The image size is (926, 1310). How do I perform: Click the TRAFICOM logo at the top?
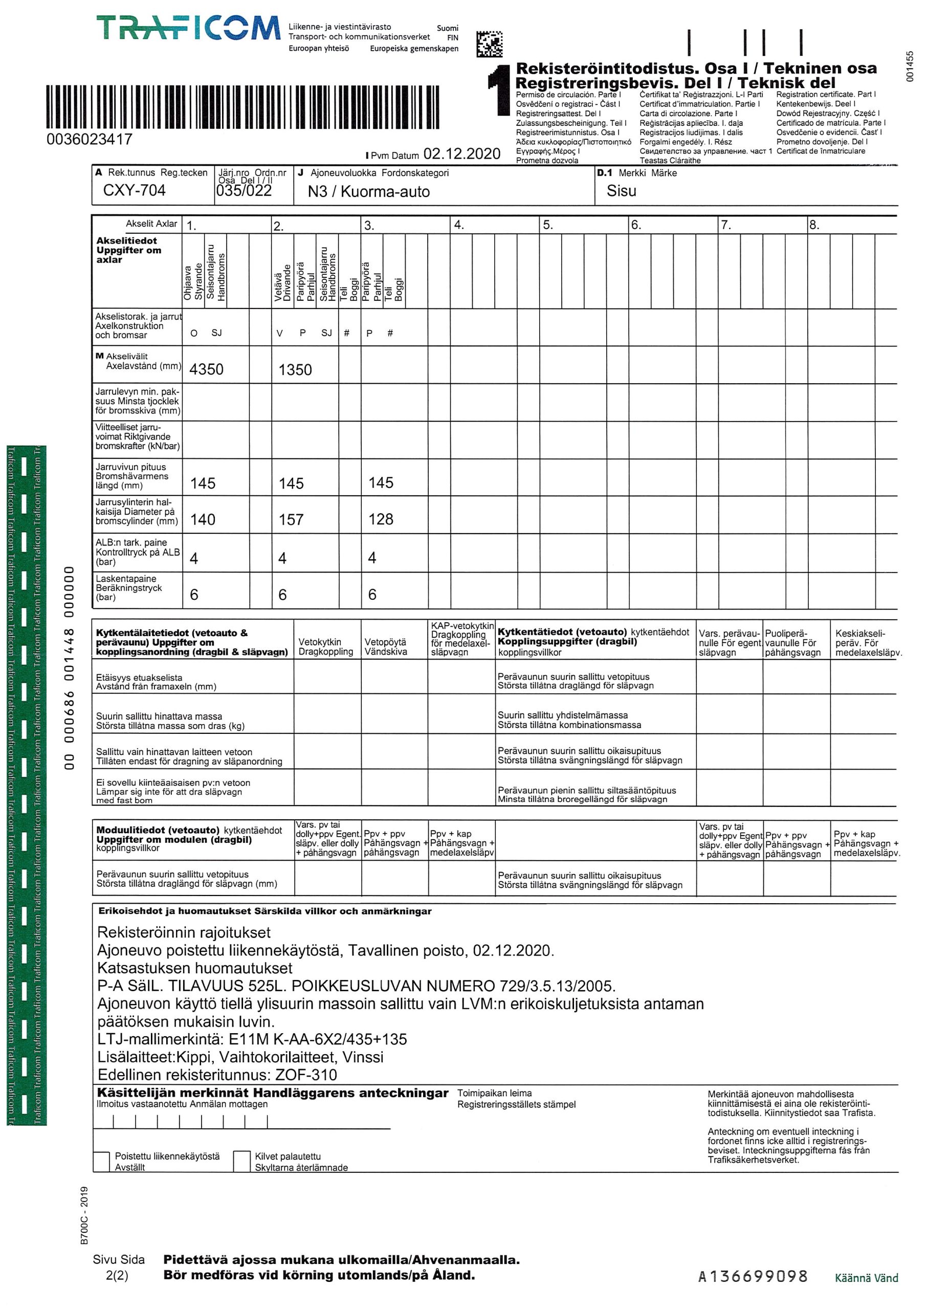point(188,29)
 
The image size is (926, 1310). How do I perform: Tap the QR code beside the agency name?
point(489,44)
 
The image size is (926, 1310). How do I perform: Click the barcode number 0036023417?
point(90,139)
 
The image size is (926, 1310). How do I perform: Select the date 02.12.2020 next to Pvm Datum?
point(461,154)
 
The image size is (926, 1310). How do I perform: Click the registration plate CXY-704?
point(134,190)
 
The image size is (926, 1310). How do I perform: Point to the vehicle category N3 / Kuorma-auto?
point(368,192)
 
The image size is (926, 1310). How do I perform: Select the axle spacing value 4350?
point(206,370)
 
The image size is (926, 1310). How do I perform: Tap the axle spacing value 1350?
point(295,370)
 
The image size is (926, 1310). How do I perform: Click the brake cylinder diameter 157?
point(291,520)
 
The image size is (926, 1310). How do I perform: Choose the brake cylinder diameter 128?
point(381,519)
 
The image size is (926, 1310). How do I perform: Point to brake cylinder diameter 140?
point(203,520)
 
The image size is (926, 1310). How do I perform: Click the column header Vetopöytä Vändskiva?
point(385,647)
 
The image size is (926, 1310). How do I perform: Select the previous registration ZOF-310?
point(306,1075)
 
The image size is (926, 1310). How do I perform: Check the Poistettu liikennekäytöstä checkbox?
point(102,1161)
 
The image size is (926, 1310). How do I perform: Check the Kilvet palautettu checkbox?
point(242,1161)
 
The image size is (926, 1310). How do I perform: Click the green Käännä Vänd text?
point(866,1279)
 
